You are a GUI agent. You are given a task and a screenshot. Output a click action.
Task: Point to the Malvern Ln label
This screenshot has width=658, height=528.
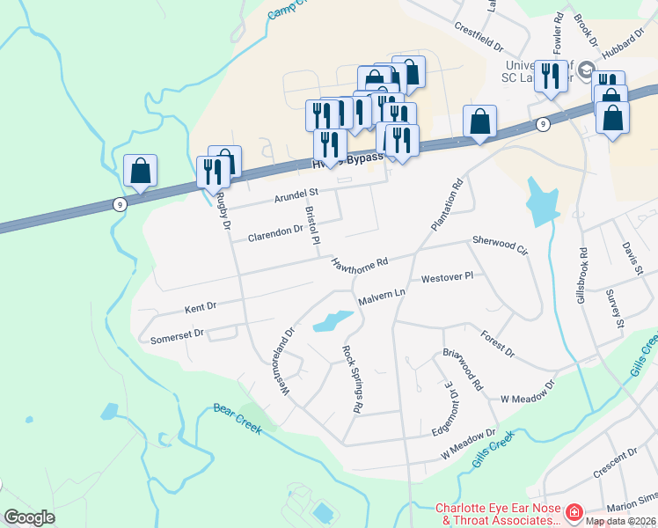380,297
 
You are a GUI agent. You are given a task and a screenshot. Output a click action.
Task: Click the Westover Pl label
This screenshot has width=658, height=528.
447,277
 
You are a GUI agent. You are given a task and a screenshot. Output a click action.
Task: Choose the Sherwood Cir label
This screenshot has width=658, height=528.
500,245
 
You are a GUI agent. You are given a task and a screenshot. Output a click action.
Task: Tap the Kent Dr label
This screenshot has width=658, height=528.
200,309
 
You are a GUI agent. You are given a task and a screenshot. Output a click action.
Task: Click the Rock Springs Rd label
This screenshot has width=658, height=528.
352,378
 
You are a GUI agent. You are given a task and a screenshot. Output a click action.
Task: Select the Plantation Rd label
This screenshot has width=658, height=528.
446,206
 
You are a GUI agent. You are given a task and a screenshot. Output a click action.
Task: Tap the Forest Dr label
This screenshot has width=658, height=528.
498,343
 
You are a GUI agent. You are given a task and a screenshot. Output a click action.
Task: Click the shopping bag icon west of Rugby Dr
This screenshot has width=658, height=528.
141,171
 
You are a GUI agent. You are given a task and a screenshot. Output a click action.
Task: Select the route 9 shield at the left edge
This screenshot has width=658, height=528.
120,204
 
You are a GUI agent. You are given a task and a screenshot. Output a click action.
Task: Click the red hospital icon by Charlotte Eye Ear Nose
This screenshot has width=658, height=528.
574,511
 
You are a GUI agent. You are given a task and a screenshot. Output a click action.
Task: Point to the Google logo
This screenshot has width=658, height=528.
29,517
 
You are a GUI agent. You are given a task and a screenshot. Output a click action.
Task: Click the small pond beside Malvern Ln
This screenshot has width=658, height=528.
328,321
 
